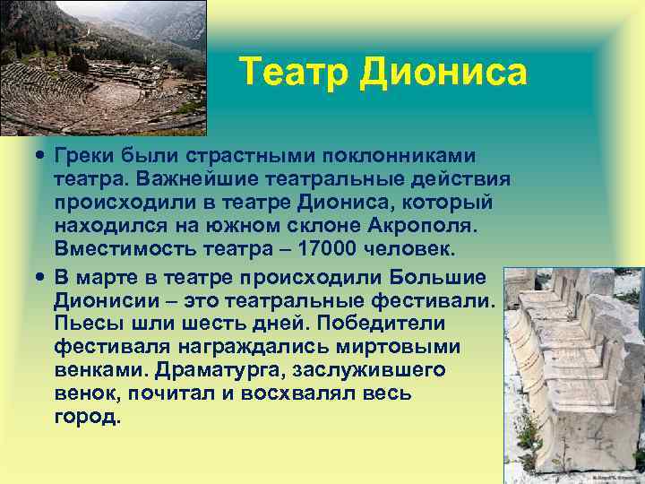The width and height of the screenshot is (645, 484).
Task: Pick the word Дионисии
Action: [x=96, y=299]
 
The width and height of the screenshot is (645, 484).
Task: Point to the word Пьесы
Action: [x=85, y=322]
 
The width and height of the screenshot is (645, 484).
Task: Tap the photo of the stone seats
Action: [x=572, y=376]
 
